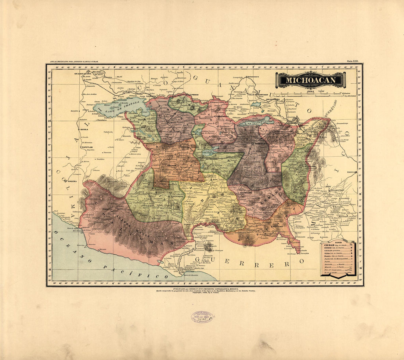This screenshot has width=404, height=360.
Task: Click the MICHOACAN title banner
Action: pyautogui.click(x=311, y=80)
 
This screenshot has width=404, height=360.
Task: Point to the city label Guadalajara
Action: pyautogui.click(x=83, y=74)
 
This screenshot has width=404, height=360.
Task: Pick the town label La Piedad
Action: pyautogui.click(x=193, y=95)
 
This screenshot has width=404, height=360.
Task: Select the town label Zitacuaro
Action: pyautogui.click(x=309, y=166)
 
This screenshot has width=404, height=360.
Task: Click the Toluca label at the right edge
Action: pyautogui.click(x=352, y=172)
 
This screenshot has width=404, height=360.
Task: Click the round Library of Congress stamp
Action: pyautogui.click(x=202, y=317)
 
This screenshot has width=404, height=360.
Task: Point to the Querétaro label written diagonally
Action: pyautogui.click(x=332, y=109)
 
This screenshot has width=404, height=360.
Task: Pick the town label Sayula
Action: pyautogui.click(x=84, y=130)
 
